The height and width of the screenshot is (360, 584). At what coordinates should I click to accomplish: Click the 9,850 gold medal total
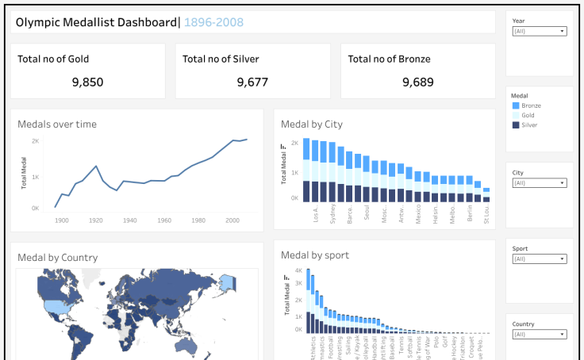[87, 82]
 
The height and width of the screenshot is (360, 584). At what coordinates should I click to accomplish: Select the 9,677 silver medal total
[252, 82]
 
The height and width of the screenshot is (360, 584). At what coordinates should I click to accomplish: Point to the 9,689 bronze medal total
[417, 82]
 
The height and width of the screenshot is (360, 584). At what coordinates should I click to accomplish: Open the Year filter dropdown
[539, 32]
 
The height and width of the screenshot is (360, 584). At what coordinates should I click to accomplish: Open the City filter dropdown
[539, 182]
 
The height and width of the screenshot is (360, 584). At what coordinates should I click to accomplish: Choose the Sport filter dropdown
[539, 259]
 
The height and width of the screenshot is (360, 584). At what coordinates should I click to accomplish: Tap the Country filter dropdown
[539, 335]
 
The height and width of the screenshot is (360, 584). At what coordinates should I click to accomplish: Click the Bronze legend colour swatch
[516, 105]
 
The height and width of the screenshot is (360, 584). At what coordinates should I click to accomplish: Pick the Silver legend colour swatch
[516, 124]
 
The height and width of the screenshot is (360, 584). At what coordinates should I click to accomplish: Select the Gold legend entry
[528, 115]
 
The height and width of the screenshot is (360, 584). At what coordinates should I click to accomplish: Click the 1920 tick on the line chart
[96, 220]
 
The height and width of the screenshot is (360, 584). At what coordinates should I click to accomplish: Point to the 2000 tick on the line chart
[232, 220]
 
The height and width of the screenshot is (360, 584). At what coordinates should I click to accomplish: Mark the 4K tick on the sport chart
[298, 270]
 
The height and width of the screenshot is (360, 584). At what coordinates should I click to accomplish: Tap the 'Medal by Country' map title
[58, 257]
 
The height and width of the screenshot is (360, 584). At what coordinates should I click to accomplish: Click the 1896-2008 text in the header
[213, 22]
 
